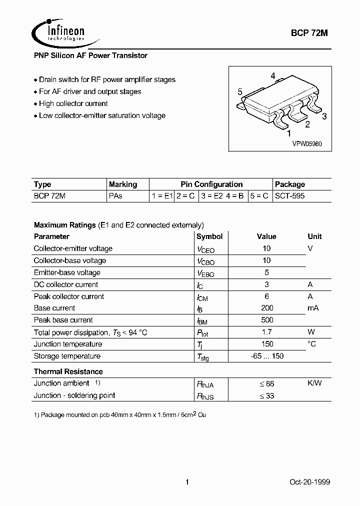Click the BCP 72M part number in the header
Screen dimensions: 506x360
[x=309, y=33]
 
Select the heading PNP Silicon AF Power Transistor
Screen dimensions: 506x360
[x=90, y=56]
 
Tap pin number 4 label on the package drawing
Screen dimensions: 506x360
[x=273, y=76]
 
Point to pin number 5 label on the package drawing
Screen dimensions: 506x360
[x=240, y=92]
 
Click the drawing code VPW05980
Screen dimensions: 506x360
[x=307, y=143]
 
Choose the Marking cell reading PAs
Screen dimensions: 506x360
[x=115, y=196]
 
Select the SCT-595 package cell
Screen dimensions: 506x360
[x=290, y=196]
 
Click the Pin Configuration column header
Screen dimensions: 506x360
[x=211, y=184]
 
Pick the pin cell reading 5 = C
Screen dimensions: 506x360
[x=259, y=196]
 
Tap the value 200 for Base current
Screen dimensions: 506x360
[x=266, y=308]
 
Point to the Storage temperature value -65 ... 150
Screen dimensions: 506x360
[x=266, y=356]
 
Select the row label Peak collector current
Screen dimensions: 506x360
[x=69, y=296]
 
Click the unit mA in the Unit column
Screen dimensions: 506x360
[x=313, y=308]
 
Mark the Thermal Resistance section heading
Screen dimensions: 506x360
[x=68, y=371]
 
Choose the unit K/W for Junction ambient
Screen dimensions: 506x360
[x=314, y=383]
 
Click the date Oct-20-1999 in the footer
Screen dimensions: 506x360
[x=309, y=482]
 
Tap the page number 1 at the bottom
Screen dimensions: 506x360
[x=187, y=482]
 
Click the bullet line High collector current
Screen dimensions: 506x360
[x=73, y=103]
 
